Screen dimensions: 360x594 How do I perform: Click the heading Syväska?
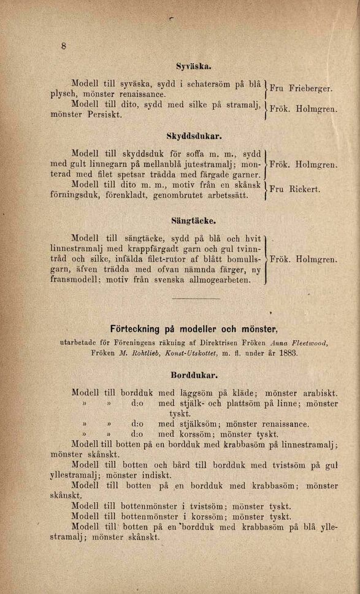[x=194, y=65]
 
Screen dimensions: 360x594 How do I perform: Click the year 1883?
[x=286, y=354]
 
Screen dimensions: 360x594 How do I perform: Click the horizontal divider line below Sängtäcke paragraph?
[x=195, y=298]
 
